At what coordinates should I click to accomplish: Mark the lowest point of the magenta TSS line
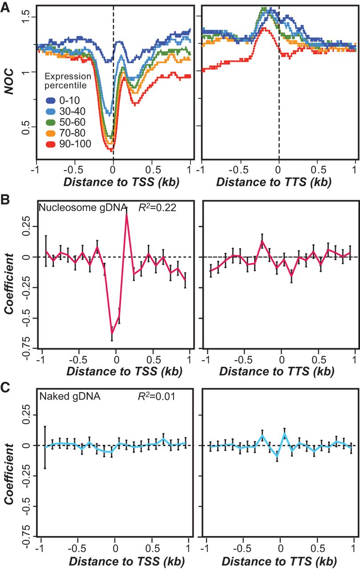pyautogui.click(x=112, y=333)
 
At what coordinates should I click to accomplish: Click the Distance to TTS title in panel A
pyautogui.click(x=279, y=181)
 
